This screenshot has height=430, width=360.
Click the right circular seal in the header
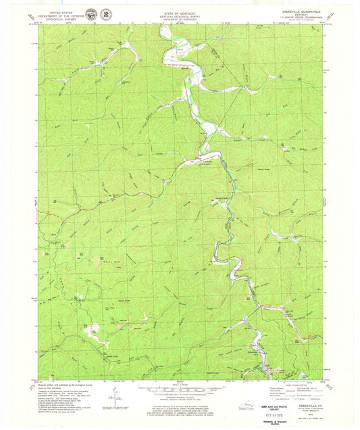(107, 14)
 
